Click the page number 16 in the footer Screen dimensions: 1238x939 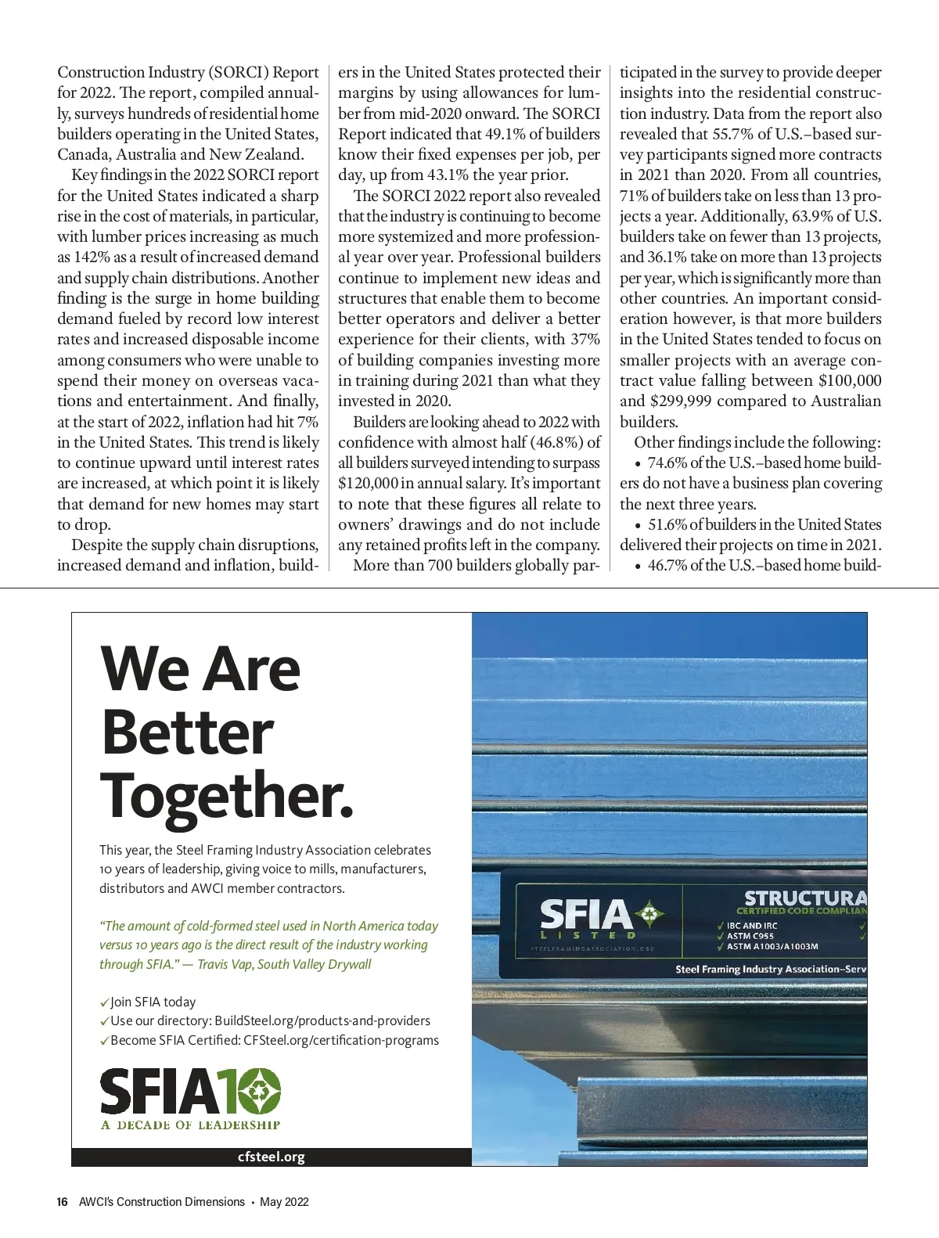click(x=62, y=1201)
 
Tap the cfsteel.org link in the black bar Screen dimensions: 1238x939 click(x=271, y=1157)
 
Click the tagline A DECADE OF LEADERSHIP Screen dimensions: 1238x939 click(x=190, y=1125)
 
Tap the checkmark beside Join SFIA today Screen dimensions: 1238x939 click(x=104, y=1002)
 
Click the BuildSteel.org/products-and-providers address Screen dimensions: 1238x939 click(x=322, y=1020)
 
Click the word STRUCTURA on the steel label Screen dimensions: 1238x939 click(x=804, y=898)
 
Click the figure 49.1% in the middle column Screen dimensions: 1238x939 click(x=501, y=134)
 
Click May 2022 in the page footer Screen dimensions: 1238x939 click(x=284, y=1201)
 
